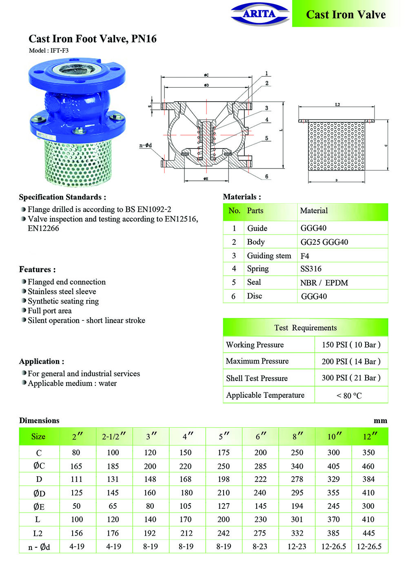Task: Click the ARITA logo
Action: [x=259, y=14]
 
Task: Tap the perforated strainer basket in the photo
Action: [x=78, y=161]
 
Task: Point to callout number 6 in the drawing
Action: [x=267, y=177]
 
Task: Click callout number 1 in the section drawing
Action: [x=267, y=74]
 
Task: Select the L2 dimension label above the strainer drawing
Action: [x=337, y=105]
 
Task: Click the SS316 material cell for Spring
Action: [x=311, y=269]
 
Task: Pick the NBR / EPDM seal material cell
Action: [x=324, y=283]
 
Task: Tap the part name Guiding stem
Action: [x=269, y=256]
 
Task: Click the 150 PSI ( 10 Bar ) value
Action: [x=351, y=345]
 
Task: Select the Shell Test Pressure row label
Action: [x=257, y=378]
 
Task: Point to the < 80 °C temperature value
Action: [x=349, y=395]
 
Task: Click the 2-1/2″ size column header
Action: [x=113, y=437]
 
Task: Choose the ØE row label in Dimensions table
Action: [x=39, y=506]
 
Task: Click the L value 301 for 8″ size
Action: [x=297, y=519]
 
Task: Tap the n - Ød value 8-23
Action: [x=260, y=546]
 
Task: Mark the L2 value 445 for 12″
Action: [x=368, y=533]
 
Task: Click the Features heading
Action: [x=38, y=269]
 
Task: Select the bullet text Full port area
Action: [x=49, y=311]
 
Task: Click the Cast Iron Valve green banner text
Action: [x=346, y=15]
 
